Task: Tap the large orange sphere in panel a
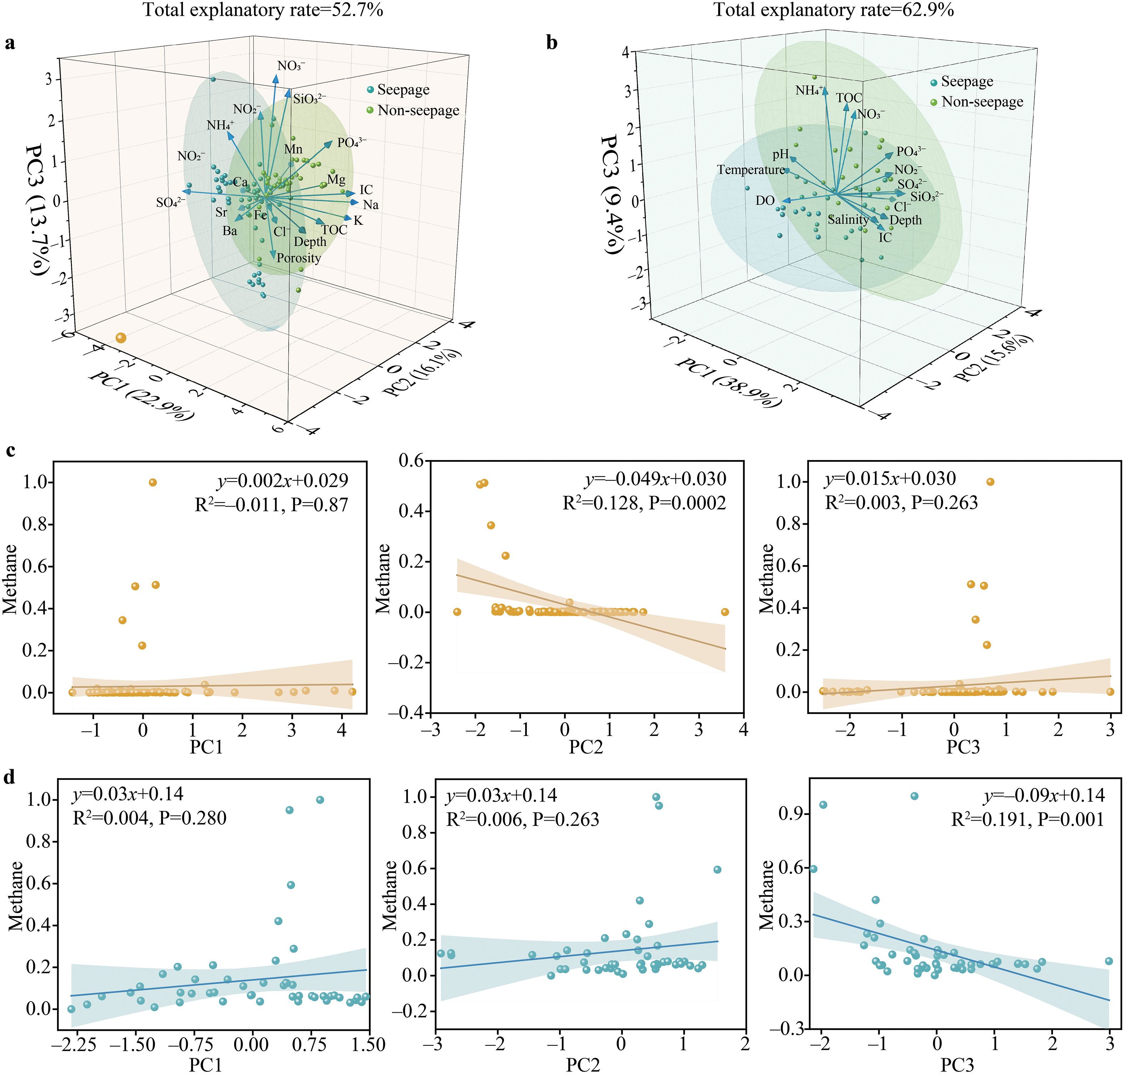click(120, 338)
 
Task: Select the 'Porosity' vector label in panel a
click(299, 258)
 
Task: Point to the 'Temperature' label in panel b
click(751, 170)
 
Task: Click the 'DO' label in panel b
click(765, 201)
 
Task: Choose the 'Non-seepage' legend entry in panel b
click(982, 102)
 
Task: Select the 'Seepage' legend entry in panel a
click(403, 90)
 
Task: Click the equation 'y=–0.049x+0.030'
click(655, 479)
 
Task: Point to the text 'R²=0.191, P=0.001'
click(1027, 820)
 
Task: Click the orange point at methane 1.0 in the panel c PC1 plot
click(153, 482)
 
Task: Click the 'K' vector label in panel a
click(358, 221)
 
